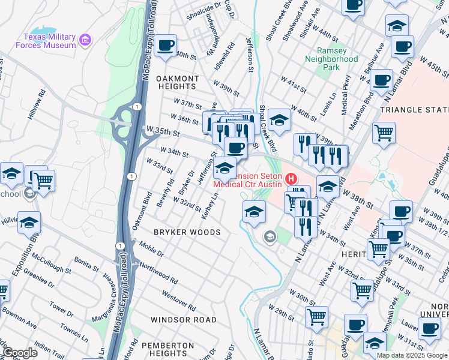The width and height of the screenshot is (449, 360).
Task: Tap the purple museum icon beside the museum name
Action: pos(86,40)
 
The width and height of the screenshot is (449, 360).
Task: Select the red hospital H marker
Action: pos(291,179)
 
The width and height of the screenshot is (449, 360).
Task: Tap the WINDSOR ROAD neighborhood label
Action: pos(182,320)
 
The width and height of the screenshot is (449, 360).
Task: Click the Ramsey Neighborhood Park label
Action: pos(331,59)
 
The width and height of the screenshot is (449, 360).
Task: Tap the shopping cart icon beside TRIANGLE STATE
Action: pos(384,133)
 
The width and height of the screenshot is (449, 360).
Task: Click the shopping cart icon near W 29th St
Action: pos(316,316)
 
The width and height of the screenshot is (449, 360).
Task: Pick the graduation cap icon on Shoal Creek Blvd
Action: pos(279,119)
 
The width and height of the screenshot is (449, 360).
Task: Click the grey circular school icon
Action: pos(270,238)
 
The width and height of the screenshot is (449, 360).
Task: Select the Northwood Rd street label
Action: pos(158,273)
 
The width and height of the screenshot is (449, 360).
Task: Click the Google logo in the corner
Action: pos(19,353)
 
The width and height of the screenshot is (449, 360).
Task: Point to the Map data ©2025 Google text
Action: pos(412,355)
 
